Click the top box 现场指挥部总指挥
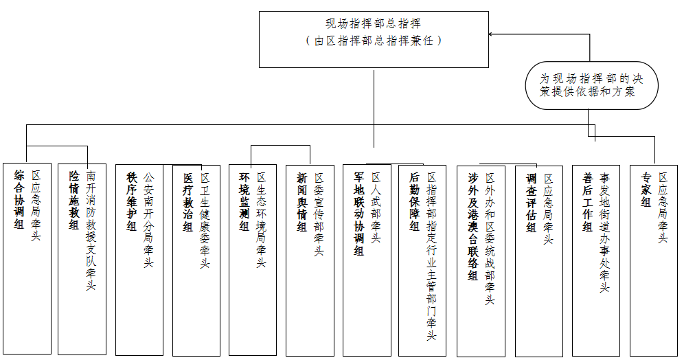[x=374, y=39]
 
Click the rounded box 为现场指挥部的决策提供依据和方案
[x=591, y=85]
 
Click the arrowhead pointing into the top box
[x=491, y=34]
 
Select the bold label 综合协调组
[x=19, y=200]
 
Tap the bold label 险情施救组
[x=74, y=200]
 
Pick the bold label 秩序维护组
[x=132, y=201]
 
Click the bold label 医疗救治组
[x=188, y=202]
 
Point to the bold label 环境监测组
[x=244, y=201]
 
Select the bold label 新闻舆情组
[x=302, y=202]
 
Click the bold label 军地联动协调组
[x=359, y=214]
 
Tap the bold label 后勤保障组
[x=414, y=201]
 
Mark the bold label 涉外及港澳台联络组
[x=473, y=227]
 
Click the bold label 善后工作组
[x=588, y=202]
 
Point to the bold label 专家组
[x=646, y=190]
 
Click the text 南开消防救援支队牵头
[x=91, y=231]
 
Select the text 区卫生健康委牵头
[x=205, y=221]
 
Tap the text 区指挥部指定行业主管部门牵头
[x=431, y=256]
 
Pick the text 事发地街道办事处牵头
[x=604, y=232]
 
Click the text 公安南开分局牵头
[x=149, y=219]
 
